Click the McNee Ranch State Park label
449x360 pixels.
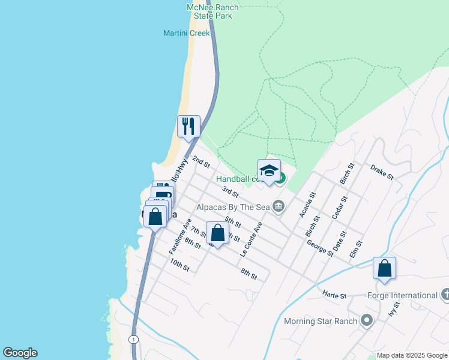point(212,11)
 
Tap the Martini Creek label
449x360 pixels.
point(187,33)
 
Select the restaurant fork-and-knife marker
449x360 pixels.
point(188,127)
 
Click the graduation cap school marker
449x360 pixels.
point(270,170)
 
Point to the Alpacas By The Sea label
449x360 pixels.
point(234,207)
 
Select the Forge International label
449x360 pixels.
point(402,295)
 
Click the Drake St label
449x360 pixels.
point(382,172)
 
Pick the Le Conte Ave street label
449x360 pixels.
point(252,240)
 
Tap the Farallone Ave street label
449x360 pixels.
point(180,236)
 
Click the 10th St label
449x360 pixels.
point(179,265)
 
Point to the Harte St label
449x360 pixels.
point(335,295)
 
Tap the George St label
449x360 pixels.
point(320,248)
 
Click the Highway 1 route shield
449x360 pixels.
point(133,340)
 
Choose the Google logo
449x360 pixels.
point(20,353)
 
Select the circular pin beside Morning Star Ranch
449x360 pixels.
point(367,321)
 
